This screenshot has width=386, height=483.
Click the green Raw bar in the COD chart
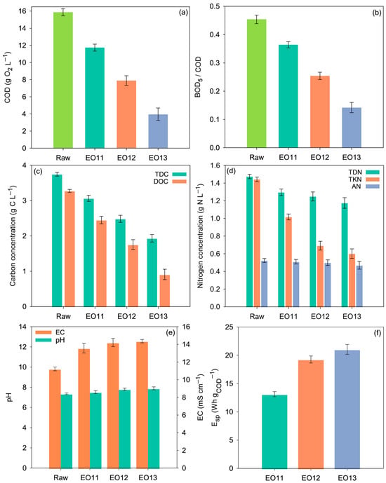[63, 80]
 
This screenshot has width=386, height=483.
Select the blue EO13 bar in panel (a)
[158, 131]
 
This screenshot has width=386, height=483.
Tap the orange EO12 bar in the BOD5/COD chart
[320, 112]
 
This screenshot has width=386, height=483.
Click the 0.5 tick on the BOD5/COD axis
[214, 6]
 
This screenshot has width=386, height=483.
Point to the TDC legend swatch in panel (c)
[179, 175]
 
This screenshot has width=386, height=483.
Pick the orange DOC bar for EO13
[165, 291]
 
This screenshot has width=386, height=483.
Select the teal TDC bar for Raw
[57, 240]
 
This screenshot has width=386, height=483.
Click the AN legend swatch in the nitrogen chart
[373, 186]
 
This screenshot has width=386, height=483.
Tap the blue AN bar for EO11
[296, 285]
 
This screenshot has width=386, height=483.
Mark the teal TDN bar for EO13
[345, 254]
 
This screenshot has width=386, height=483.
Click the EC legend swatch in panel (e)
[43, 332]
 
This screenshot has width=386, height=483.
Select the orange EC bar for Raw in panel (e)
[55, 419]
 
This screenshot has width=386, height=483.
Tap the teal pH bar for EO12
[124, 429]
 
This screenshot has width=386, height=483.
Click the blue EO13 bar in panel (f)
[347, 409]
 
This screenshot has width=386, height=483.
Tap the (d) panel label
[231, 170]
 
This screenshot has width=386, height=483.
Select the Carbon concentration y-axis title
[13, 236]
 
